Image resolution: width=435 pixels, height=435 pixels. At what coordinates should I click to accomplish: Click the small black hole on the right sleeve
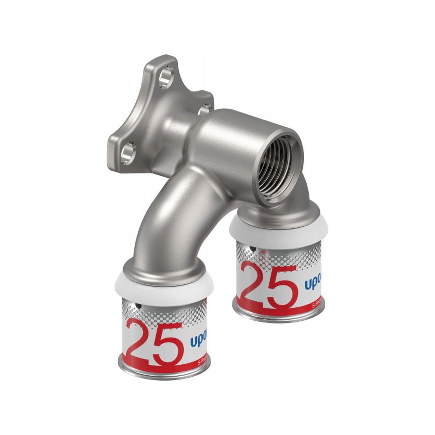click(253, 248)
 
